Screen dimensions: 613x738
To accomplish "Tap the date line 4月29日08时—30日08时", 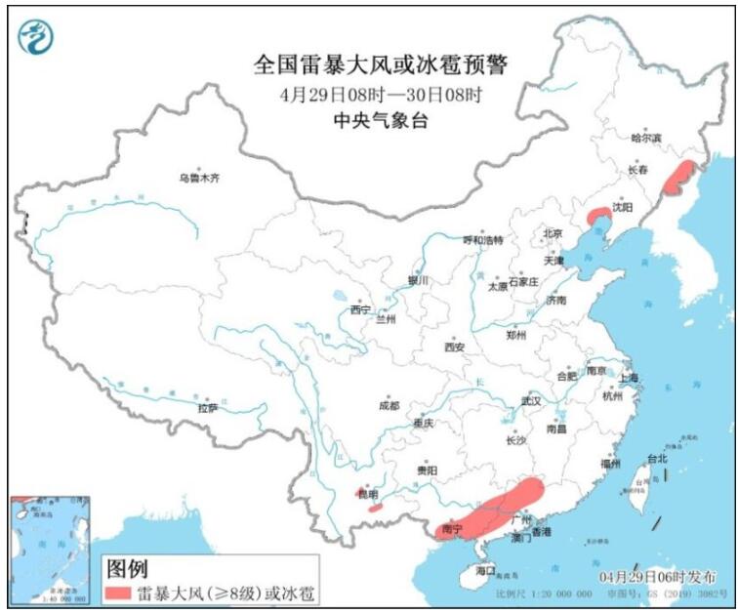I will (382, 95).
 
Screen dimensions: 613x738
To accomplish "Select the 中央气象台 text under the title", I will (381, 120).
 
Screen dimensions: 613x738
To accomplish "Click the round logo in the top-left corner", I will (36, 36).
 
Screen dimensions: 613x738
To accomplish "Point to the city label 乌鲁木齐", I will (199, 178).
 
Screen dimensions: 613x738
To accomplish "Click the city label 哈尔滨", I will (646, 139).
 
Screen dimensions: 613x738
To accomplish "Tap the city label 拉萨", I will (207, 408).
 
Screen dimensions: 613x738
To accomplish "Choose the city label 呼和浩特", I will (482, 239).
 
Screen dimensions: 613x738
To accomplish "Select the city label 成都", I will (388, 405).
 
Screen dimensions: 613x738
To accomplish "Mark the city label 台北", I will (657, 459).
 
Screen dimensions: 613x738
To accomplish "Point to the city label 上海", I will (630, 378).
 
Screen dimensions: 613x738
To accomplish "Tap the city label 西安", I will (454, 347).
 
